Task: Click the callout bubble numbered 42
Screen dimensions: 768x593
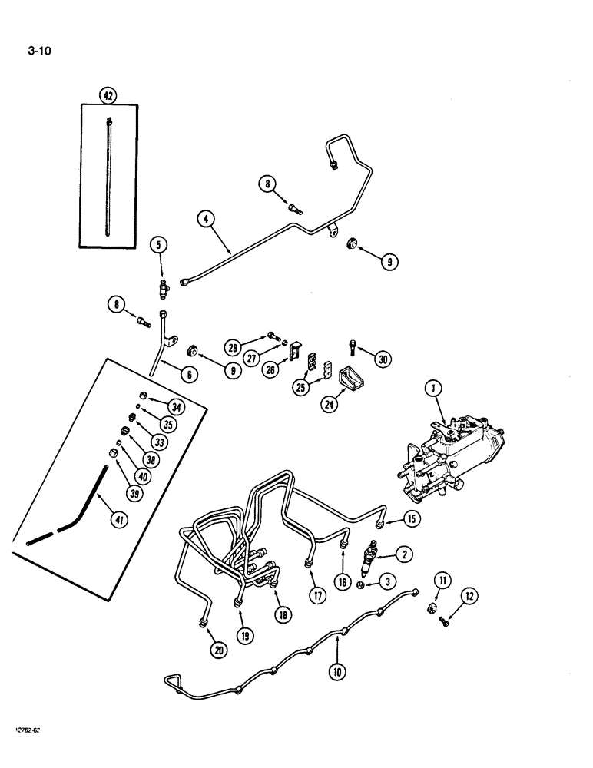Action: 108,96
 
